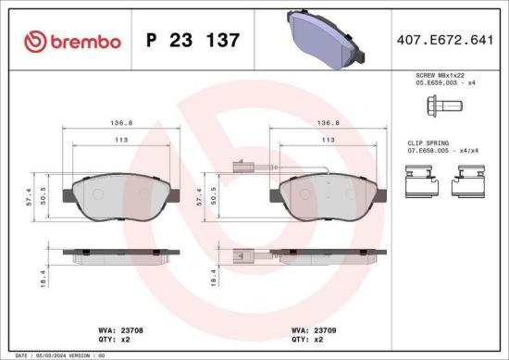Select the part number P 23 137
point(193,41)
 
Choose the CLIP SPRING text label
point(429,143)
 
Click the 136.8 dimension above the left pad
point(118,121)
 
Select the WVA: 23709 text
point(316,329)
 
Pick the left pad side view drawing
point(115,252)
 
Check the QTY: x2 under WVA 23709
point(307,339)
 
